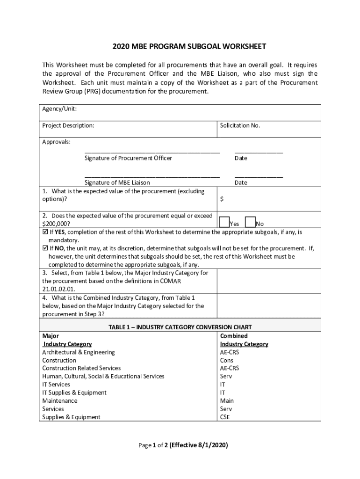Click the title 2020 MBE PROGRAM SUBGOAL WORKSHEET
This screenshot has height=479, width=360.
(189, 47)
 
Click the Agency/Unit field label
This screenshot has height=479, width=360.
(59, 109)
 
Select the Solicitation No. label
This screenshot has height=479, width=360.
(240, 126)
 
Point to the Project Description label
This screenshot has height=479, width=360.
(68, 126)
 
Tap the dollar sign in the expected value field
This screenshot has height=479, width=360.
(222, 199)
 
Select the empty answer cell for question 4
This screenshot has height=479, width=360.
(269, 305)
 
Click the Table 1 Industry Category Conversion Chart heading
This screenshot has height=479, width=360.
(180, 327)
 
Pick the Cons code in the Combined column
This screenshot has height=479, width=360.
(227, 360)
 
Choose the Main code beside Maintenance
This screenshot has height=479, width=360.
(227, 401)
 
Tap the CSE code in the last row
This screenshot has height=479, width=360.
(225, 417)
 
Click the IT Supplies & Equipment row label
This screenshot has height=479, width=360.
(74, 393)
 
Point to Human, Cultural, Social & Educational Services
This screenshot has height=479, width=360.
(103, 377)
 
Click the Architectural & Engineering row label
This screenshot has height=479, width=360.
(78, 352)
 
